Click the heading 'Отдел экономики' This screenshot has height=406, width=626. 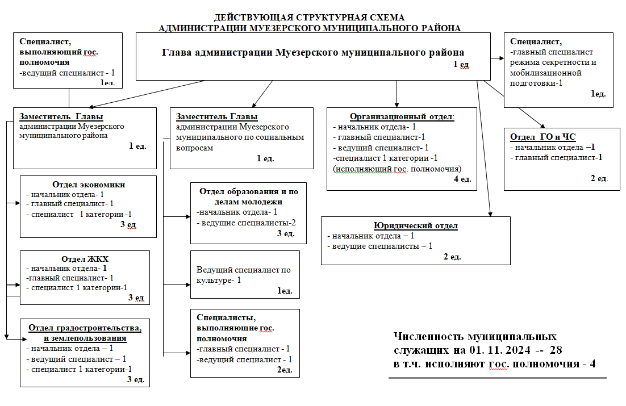(89, 185)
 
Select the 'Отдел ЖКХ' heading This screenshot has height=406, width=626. (85, 259)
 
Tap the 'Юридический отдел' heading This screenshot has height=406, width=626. (416, 225)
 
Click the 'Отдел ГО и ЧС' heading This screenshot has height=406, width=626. (542, 137)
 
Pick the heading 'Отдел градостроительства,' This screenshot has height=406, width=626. (85, 328)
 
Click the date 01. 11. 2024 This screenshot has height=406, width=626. (500, 350)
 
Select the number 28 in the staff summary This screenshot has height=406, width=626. (556, 350)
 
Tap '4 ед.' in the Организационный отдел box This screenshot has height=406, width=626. (462, 179)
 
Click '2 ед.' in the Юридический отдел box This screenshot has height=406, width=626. (452, 257)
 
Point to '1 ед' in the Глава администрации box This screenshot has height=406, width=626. (461, 64)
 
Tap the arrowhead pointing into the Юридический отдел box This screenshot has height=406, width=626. (490, 215)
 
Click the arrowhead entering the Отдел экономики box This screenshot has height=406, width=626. (18, 203)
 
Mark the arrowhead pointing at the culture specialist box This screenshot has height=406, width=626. (188, 284)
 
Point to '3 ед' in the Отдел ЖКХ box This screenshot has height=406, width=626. (136, 298)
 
